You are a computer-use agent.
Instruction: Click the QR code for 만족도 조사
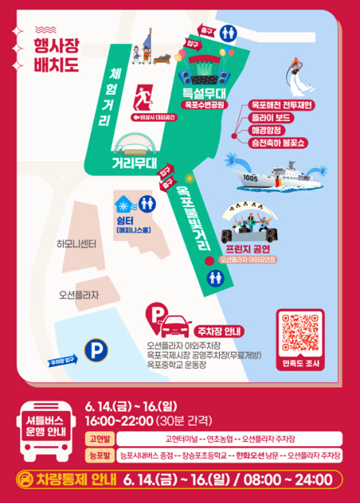pos(300,332)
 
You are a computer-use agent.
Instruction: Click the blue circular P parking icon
pos(94,351)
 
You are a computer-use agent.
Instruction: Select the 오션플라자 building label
pos(78,295)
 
